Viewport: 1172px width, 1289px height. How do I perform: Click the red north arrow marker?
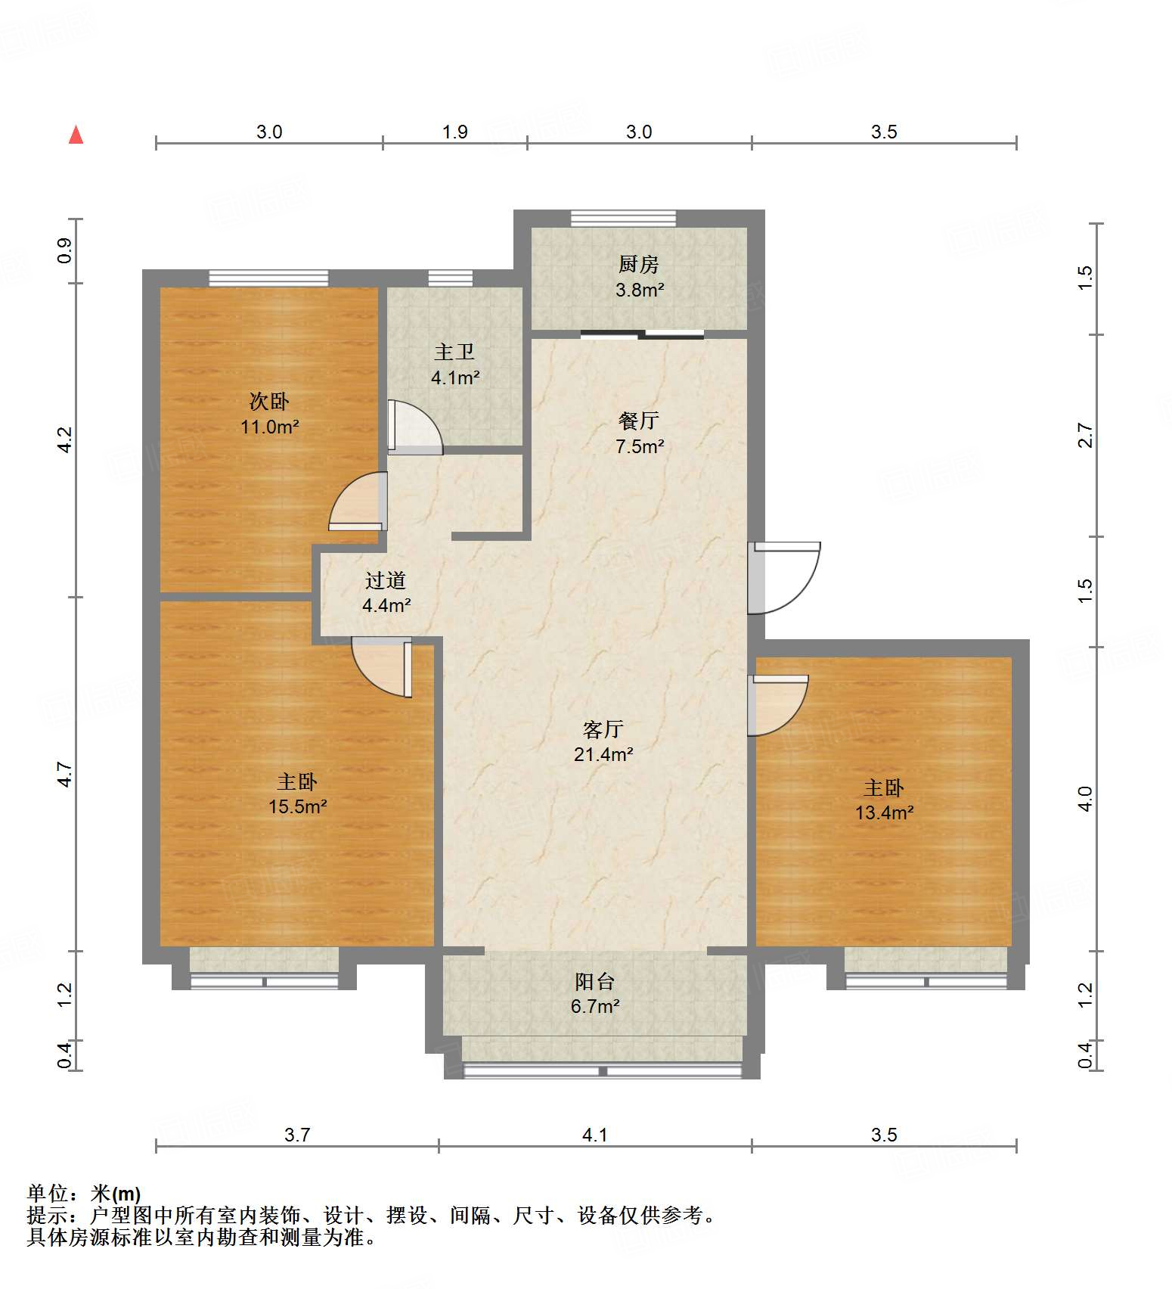(76, 135)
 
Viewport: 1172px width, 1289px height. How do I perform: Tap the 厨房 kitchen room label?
(639, 276)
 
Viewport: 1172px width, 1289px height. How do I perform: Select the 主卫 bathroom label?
(454, 364)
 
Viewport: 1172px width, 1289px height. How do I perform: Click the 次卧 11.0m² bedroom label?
(269, 414)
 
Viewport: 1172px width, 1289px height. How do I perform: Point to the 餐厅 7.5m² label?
(639, 433)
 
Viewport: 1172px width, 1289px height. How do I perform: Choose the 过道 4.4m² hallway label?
(386, 592)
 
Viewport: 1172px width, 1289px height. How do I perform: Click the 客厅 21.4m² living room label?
(603, 741)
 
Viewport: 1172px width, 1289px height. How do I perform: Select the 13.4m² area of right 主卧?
(884, 813)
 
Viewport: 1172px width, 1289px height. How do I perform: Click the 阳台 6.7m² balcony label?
(595, 994)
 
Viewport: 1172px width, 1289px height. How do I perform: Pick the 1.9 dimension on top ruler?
(454, 132)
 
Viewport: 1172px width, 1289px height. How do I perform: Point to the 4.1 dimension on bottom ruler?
(594, 1135)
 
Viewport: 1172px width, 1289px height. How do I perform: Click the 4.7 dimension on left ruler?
(65, 774)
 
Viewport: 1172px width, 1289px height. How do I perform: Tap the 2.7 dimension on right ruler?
(1085, 435)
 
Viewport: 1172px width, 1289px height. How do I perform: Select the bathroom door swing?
(414, 427)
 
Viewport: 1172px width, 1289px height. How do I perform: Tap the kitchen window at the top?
(623, 218)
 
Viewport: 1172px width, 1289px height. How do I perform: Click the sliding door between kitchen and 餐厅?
(642, 334)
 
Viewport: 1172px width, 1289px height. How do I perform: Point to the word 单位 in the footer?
(48, 1194)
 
